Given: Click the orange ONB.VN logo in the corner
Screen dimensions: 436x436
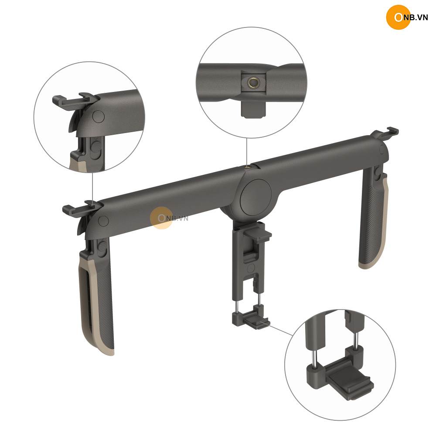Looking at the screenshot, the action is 407,17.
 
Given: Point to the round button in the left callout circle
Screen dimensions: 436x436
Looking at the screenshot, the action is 98,116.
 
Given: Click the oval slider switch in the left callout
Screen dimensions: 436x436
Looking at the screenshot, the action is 96,149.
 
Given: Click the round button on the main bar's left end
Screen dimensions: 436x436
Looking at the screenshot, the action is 103,221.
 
